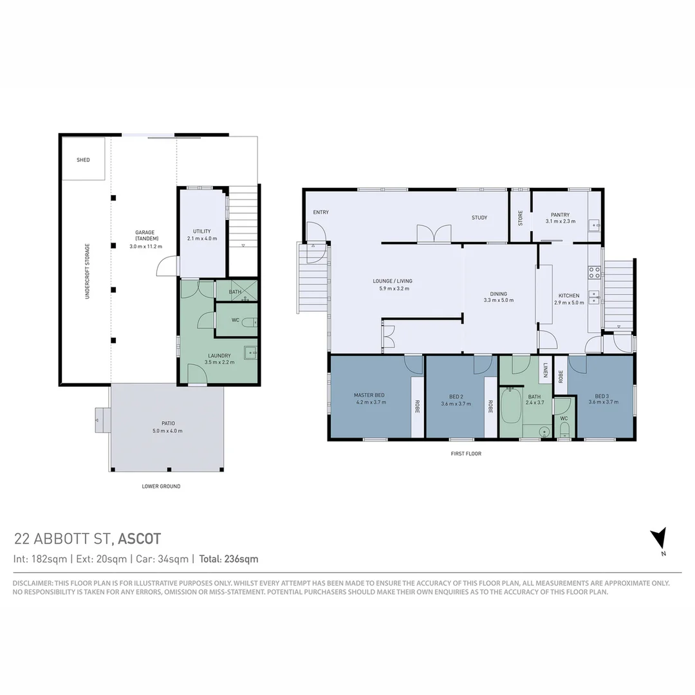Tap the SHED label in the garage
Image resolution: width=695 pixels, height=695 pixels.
[x=83, y=160]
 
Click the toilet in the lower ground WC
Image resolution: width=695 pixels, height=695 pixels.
[x=250, y=322]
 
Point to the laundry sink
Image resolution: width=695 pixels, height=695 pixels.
[x=250, y=351]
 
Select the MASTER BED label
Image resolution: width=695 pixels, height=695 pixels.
[x=369, y=394]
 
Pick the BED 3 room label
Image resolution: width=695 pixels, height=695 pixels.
[x=601, y=396]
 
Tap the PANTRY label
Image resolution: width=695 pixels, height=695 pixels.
[x=560, y=215]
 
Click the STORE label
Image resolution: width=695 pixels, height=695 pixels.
[x=521, y=218]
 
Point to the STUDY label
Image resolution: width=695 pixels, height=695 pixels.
[x=479, y=218]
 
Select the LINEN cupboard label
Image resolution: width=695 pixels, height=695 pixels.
[x=545, y=371]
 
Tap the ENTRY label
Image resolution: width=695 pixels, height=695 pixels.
[x=320, y=212]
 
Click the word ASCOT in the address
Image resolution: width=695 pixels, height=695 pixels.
[x=140, y=539]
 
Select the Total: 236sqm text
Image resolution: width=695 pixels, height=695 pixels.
[x=228, y=559]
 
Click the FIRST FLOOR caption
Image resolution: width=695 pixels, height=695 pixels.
[x=466, y=454]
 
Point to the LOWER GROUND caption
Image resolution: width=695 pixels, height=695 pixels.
[x=161, y=486]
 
